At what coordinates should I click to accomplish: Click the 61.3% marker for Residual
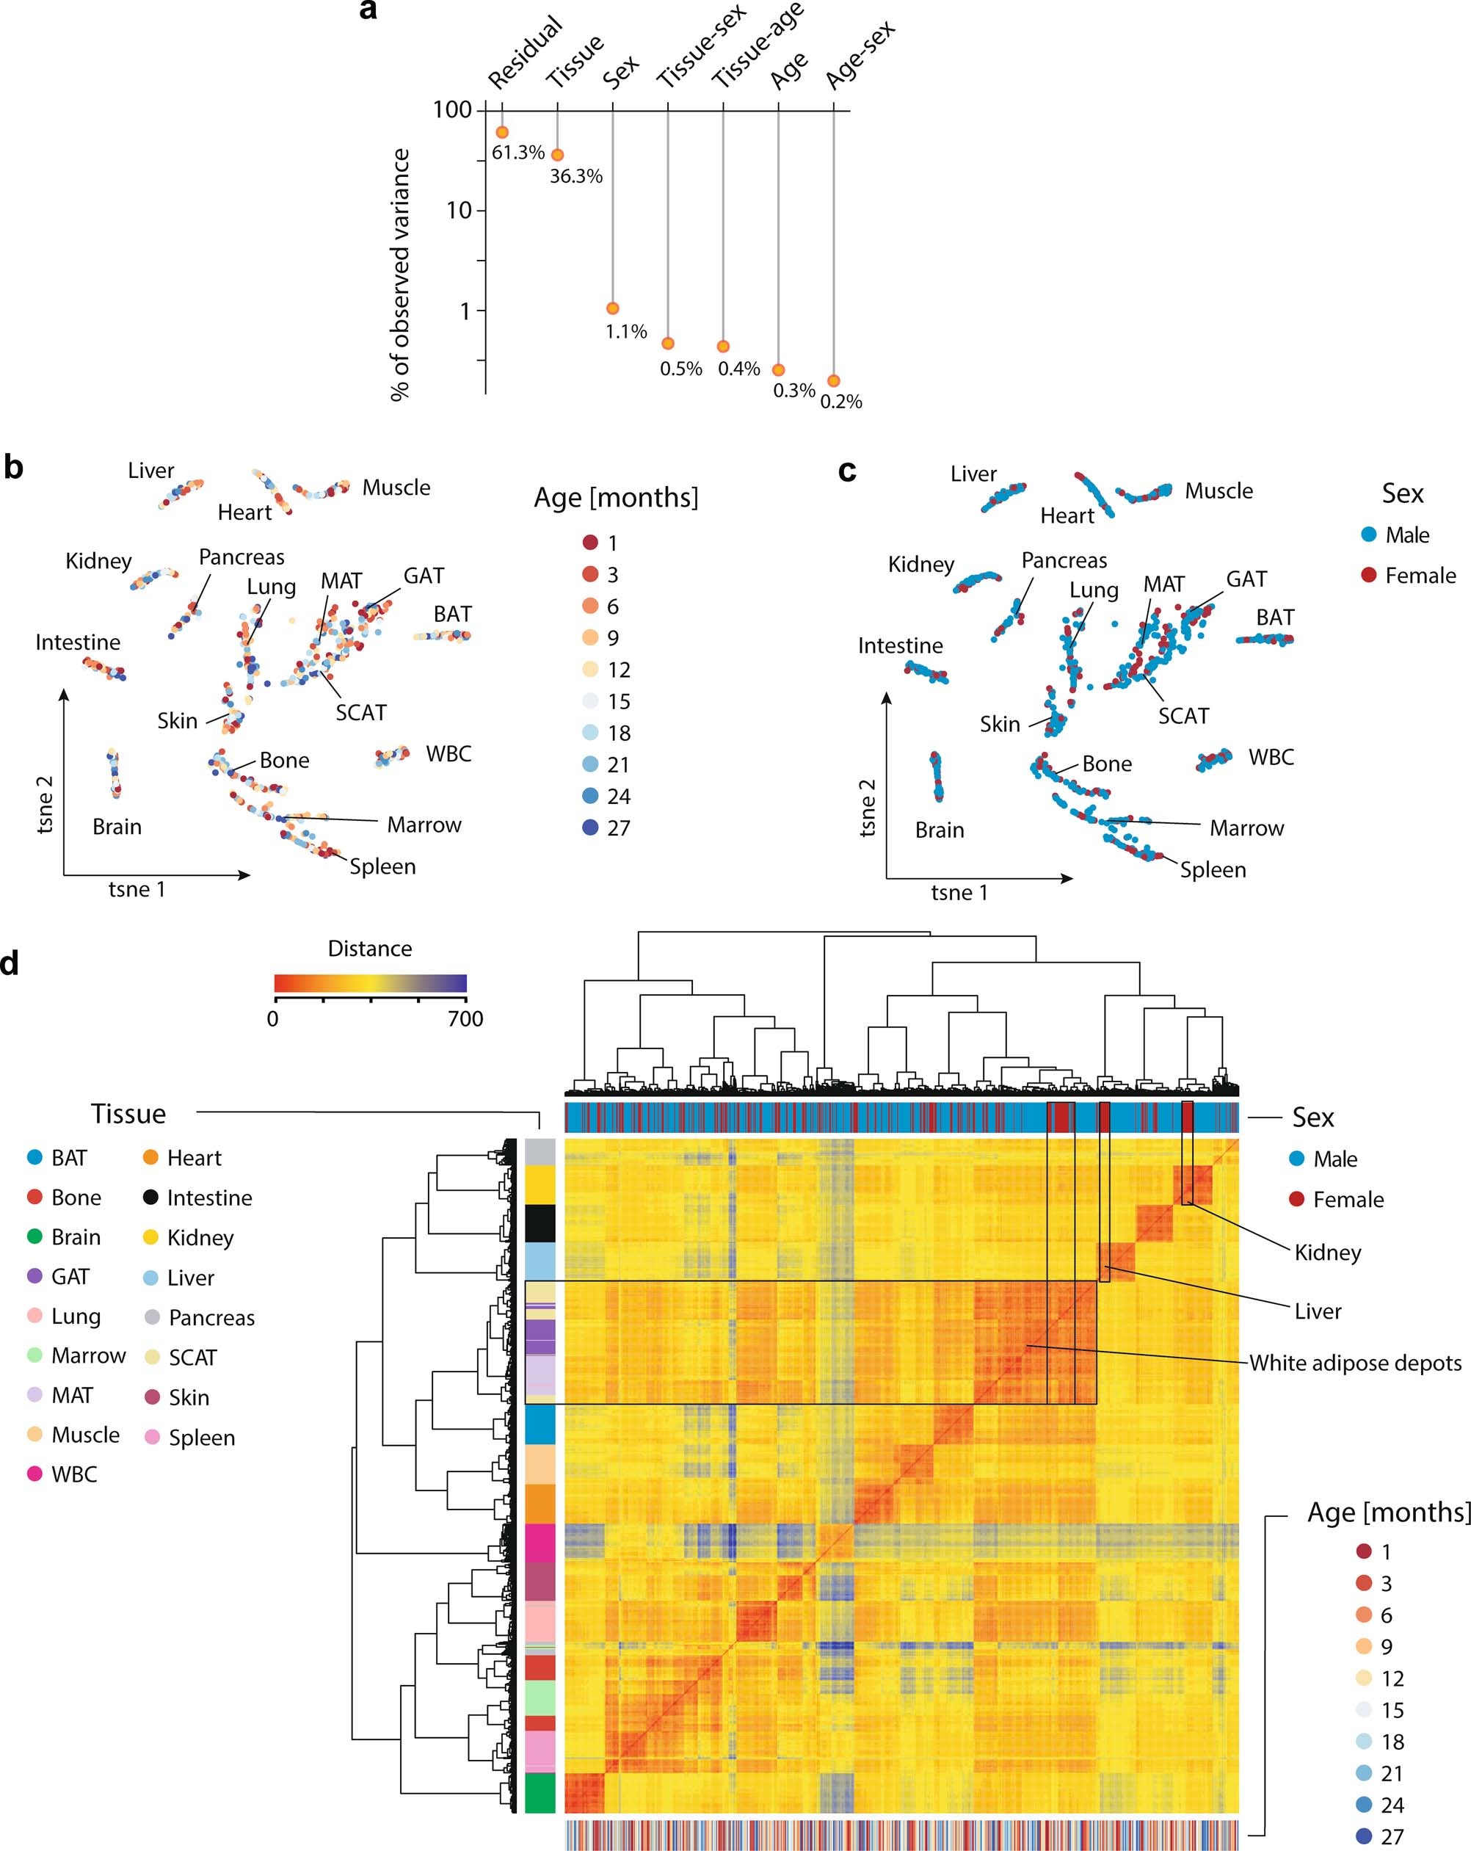click(x=502, y=132)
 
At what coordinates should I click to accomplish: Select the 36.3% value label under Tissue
click(x=576, y=177)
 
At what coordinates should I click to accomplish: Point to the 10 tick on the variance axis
click(x=460, y=210)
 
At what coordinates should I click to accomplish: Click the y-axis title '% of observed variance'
click(x=400, y=275)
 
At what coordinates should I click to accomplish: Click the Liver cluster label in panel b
click(x=151, y=471)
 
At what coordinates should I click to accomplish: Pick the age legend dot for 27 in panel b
click(x=590, y=827)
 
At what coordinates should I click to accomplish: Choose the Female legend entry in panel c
click(x=1420, y=575)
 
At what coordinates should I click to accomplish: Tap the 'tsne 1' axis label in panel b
click(x=137, y=889)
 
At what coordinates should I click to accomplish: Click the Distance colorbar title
click(x=370, y=948)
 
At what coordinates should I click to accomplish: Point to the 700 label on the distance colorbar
click(x=465, y=1019)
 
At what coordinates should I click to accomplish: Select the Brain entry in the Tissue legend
click(x=76, y=1237)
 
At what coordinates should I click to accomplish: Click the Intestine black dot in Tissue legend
click(x=151, y=1198)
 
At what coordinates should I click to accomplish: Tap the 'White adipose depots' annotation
click(x=1354, y=1363)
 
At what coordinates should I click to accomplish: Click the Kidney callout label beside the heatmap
click(x=1327, y=1253)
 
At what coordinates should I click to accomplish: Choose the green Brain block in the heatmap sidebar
click(x=540, y=1792)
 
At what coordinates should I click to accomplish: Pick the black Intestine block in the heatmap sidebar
click(x=540, y=1223)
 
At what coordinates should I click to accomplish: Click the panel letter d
click(x=10, y=963)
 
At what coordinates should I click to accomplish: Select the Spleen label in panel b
click(x=382, y=866)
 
